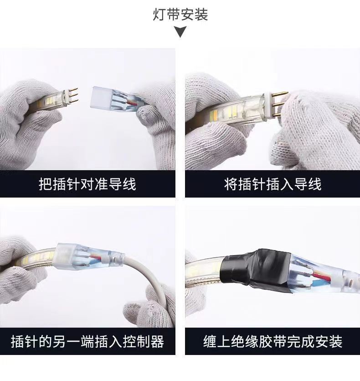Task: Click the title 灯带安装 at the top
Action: [x=180, y=15]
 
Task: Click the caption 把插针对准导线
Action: [x=87, y=184]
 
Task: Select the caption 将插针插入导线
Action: [x=273, y=184]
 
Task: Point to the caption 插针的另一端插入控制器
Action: [x=87, y=341]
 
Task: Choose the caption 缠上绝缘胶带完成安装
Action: [x=273, y=341]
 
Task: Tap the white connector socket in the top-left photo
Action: [x=100, y=98]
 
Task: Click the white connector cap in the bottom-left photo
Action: [x=64, y=256]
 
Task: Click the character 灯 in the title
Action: [x=159, y=15]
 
